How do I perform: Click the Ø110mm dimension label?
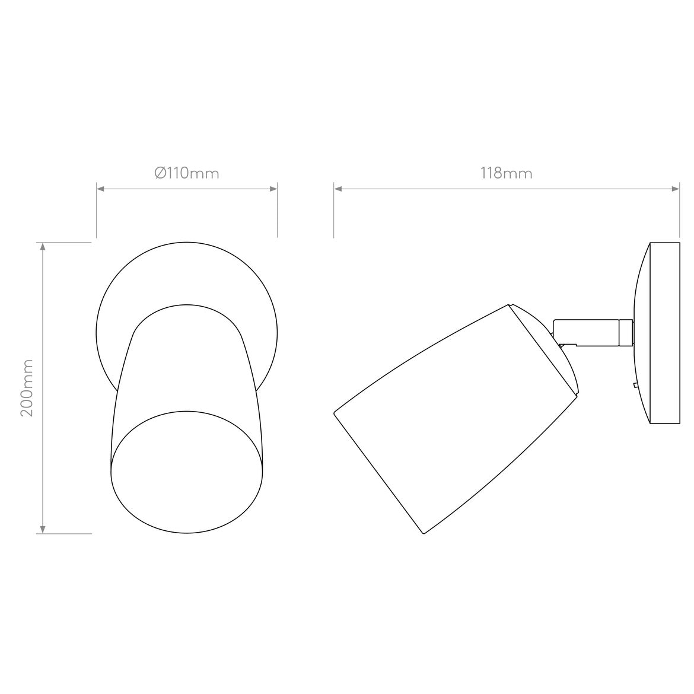[186, 173]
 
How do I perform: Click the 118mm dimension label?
[506, 173]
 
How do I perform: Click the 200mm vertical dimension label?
[27, 387]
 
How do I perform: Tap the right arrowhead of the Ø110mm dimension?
[273, 189]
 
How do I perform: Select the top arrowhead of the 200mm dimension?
[42, 247]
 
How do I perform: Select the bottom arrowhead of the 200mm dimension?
[42, 529]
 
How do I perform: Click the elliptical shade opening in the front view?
[187, 472]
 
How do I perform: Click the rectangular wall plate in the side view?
[664, 333]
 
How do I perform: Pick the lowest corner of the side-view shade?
[424, 534]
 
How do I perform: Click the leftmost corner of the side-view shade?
[335, 411]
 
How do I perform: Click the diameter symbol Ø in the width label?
[160, 173]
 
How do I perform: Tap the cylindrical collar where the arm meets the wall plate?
[625, 333]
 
